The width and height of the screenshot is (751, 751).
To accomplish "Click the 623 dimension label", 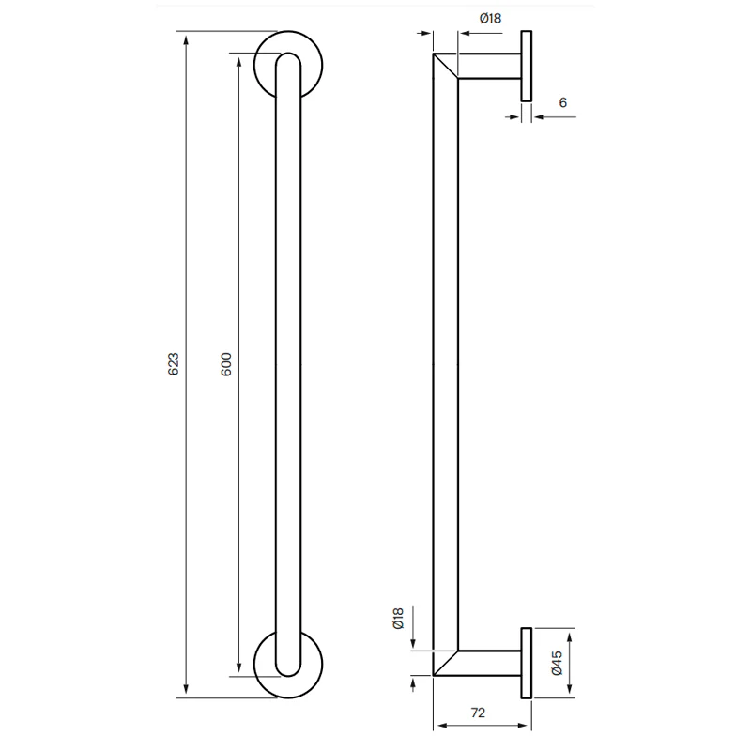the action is (174, 364).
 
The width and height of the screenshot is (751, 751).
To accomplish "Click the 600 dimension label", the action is (226, 364).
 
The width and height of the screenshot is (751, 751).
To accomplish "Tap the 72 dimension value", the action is (478, 713).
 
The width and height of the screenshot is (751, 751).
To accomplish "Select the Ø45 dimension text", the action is (557, 664).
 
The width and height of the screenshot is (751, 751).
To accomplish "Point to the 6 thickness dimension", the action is (563, 102).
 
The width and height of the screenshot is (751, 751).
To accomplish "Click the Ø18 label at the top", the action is (490, 18).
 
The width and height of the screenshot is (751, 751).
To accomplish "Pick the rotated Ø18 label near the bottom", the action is (398, 619).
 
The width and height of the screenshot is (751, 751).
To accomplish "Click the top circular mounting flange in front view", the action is (288, 33).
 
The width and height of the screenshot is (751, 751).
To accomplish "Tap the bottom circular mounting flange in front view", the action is (288, 697).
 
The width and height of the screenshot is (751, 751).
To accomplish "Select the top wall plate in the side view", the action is (527, 66).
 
